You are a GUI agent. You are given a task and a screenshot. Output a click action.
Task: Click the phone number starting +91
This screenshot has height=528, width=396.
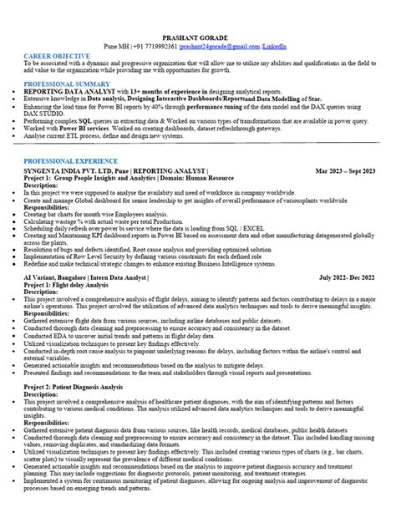click(x=155, y=49)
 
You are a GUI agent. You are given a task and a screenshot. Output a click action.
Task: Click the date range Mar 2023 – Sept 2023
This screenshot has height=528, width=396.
click(x=345, y=170)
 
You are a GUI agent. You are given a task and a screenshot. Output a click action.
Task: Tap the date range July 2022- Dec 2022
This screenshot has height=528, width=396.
click(x=348, y=275)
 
